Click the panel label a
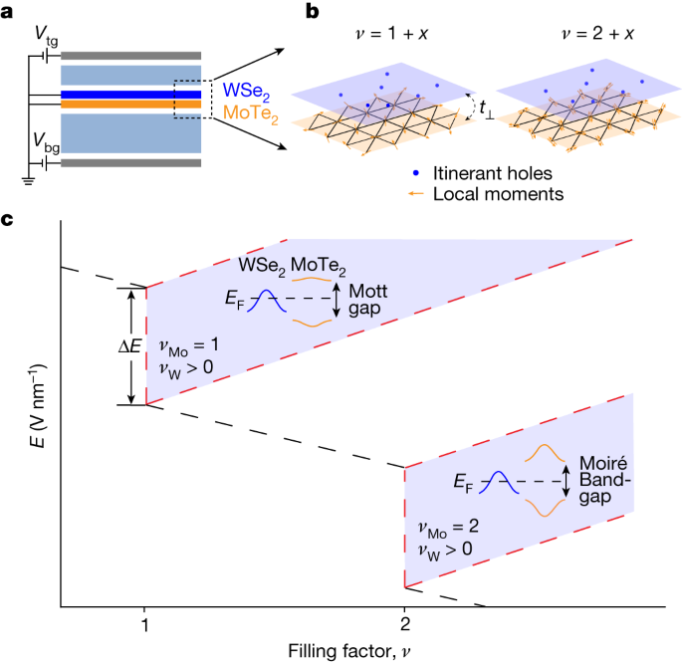7,12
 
